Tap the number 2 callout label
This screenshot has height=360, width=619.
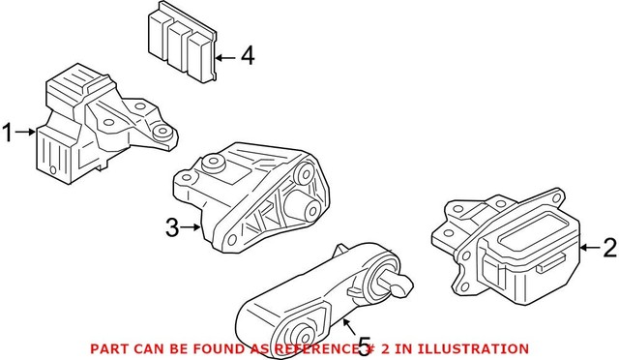[607, 249]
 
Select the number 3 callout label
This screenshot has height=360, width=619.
[171, 228]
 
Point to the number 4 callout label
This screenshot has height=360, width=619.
[248, 57]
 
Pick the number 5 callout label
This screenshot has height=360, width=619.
[365, 345]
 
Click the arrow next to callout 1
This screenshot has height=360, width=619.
[26, 134]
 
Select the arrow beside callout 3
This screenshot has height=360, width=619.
[192, 228]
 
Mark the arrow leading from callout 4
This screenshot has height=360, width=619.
[224, 58]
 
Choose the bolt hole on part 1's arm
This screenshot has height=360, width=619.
[163, 132]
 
